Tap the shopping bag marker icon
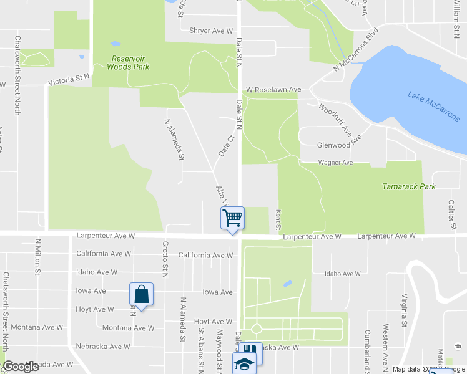141,294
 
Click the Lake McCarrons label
433,107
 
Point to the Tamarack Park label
408,186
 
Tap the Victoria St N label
69,80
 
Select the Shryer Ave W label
212,31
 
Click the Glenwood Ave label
333,145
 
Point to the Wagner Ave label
336,163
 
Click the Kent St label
278,218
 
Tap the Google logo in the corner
21,367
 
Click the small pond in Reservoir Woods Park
115,44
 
